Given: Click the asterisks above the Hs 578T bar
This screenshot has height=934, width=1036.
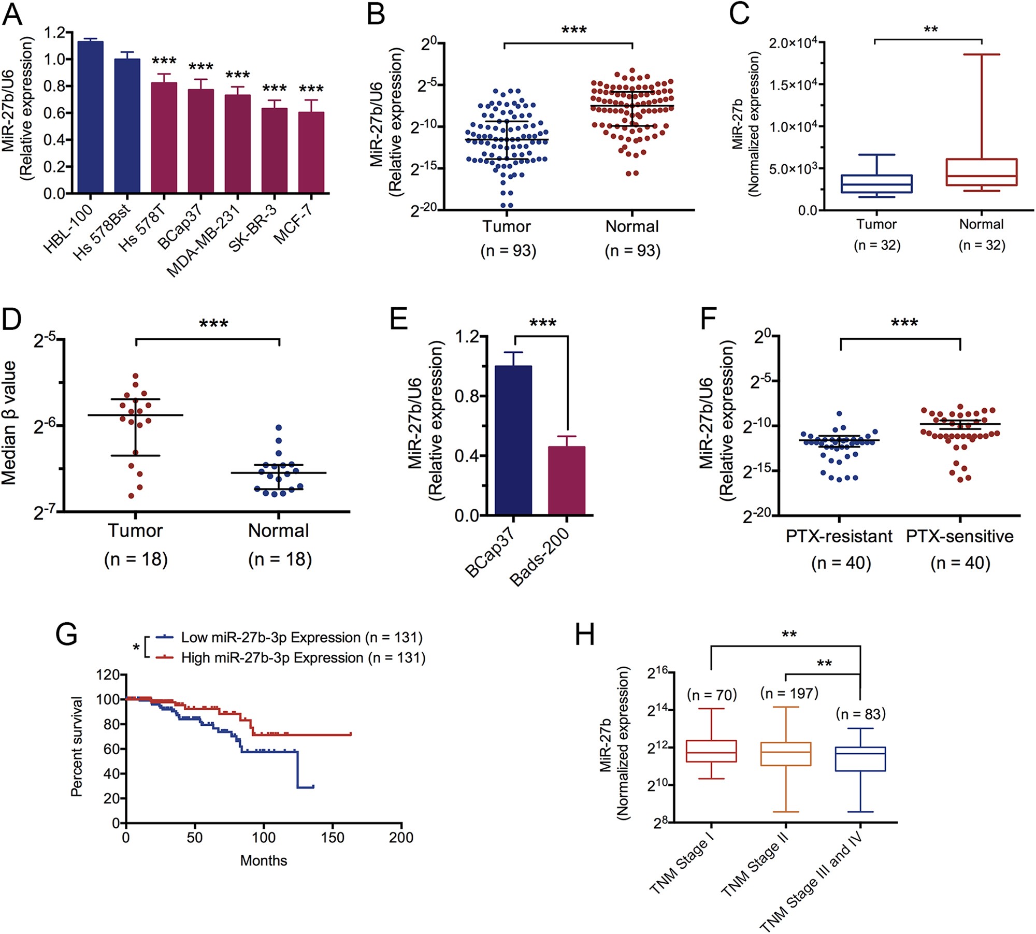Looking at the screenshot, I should pos(164,61).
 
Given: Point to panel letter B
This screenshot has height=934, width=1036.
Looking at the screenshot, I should pos(376,15).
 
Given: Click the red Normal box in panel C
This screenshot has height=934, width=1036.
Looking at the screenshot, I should pos(982,172).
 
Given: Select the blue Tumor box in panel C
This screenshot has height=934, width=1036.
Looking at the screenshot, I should pos(876,184).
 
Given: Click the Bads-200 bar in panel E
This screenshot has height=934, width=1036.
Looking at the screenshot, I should pos(567,480).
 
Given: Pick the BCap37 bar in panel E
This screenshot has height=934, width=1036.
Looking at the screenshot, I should pos(513,440).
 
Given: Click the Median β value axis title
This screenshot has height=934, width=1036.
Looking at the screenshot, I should pos(9,423).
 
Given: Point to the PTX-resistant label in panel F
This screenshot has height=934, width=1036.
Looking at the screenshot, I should pos(839,536).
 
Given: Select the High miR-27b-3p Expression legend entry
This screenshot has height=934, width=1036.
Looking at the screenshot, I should pos(303,657).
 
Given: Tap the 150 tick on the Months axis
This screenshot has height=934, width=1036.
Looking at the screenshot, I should pos(332,838).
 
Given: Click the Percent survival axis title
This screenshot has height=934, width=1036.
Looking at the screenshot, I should pos(77,746).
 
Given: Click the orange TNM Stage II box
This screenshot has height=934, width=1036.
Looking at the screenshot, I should pos(786,754).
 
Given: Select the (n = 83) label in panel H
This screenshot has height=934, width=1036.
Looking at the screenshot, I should pos(860,714).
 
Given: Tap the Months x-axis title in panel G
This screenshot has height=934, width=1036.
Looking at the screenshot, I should pos(263,860).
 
